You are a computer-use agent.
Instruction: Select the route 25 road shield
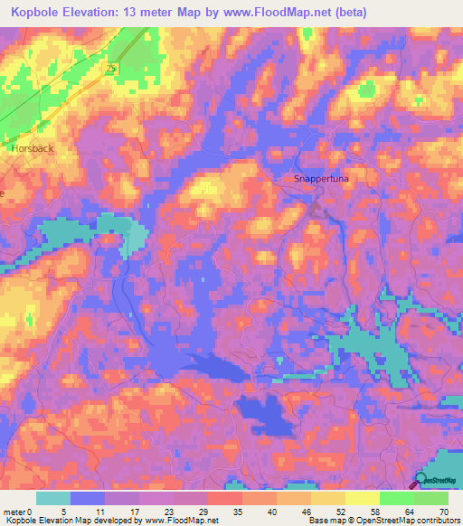coord(111,68)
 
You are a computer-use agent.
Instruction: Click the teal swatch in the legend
coord(52,498)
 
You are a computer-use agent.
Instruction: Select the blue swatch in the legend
coord(88,498)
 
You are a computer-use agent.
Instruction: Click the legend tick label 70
coord(444,512)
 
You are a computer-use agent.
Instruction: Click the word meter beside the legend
coord(15,512)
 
